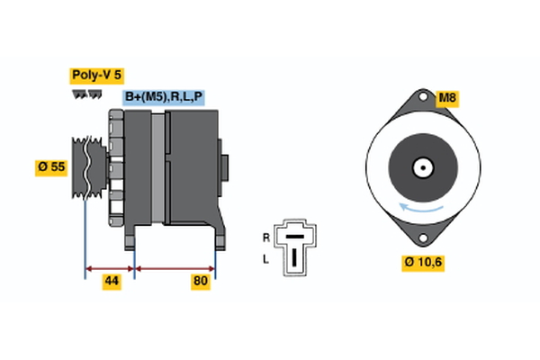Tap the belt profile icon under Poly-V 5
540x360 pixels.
[86, 94]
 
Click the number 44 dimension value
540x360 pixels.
[112, 282]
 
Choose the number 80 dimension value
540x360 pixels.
[200, 282]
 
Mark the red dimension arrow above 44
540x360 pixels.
[110, 267]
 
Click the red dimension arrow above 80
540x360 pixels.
[175, 267]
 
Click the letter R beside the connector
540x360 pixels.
[265, 238]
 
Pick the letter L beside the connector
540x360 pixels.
[265, 259]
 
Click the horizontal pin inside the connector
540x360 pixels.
[294, 238]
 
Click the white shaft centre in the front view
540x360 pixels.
[421, 167]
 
